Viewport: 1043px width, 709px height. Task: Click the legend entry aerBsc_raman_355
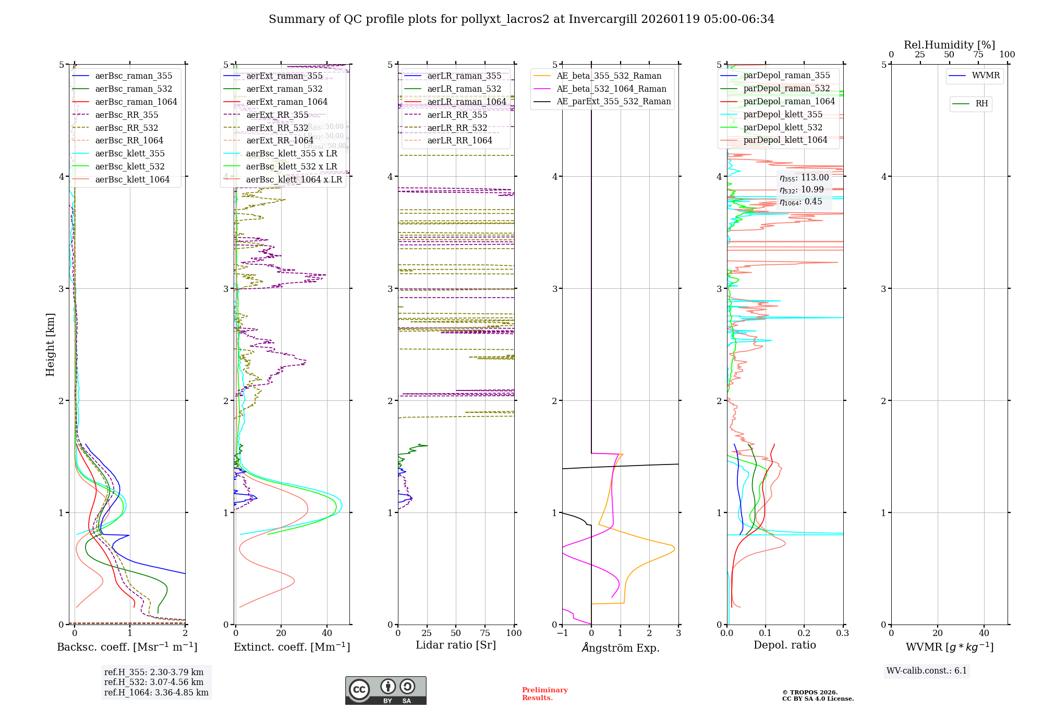134,76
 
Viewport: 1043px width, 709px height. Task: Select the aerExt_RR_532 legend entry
277,128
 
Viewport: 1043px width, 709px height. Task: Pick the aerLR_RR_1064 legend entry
459,141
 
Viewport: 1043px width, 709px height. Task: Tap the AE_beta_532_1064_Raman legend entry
611,89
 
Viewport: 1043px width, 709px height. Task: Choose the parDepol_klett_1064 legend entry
785,140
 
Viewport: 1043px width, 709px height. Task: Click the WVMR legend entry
985,76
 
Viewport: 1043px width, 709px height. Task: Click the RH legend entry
981,104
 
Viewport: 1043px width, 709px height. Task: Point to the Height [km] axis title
50,345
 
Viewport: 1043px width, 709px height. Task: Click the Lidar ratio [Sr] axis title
455,645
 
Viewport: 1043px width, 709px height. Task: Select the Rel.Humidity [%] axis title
949,45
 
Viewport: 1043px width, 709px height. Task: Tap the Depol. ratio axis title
784,645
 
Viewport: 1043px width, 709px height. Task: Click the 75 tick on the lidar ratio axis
485,633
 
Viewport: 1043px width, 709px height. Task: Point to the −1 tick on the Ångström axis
562,633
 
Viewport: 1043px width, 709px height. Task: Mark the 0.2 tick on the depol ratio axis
804,633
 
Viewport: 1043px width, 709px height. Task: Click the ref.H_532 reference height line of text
154,682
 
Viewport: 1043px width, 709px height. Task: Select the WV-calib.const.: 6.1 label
927,671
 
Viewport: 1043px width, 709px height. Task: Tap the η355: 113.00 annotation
804,178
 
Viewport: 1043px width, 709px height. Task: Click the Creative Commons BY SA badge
385,691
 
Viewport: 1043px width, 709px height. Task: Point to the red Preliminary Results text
544,694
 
